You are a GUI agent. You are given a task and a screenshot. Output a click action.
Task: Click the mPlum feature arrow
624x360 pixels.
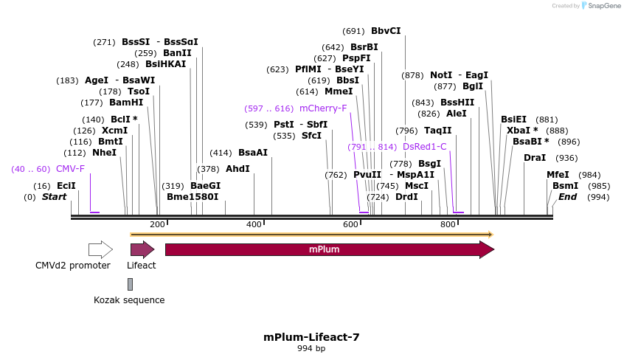click(x=329, y=249)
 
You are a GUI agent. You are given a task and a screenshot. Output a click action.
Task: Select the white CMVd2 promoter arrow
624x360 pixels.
click(x=100, y=249)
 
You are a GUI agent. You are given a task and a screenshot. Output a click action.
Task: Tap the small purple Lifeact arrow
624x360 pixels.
click(x=142, y=249)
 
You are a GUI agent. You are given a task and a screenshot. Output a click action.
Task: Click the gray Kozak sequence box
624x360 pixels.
click(x=131, y=284)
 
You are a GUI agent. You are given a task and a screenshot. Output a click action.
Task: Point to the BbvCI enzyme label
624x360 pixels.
click(x=386, y=31)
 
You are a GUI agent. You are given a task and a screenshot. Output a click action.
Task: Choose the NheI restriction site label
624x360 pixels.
click(x=104, y=153)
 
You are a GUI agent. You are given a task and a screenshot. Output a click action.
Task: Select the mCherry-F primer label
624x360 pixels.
click(x=323, y=108)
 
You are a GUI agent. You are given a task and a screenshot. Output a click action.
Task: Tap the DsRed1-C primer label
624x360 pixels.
click(x=425, y=147)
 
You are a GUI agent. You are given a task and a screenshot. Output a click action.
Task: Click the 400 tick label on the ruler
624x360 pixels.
click(x=254, y=224)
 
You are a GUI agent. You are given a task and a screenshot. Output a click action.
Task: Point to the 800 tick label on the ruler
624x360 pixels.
click(x=448, y=224)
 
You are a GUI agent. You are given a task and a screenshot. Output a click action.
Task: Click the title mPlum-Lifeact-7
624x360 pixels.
click(x=311, y=337)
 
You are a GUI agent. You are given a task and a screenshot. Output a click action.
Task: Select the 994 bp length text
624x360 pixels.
click(x=311, y=348)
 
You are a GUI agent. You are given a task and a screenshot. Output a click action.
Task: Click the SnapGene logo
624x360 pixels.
click(x=601, y=6)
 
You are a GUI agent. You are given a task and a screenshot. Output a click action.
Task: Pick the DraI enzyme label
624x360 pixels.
click(x=535, y=158)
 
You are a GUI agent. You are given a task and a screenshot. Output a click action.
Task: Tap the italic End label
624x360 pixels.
click(x=568, y=197)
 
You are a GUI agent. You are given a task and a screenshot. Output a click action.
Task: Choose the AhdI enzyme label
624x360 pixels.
click(x=238, y=169)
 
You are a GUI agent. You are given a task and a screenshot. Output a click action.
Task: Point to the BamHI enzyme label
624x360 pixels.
click(x=126, y=103)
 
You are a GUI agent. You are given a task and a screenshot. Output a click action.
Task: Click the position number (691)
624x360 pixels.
click(x=354, y=31)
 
